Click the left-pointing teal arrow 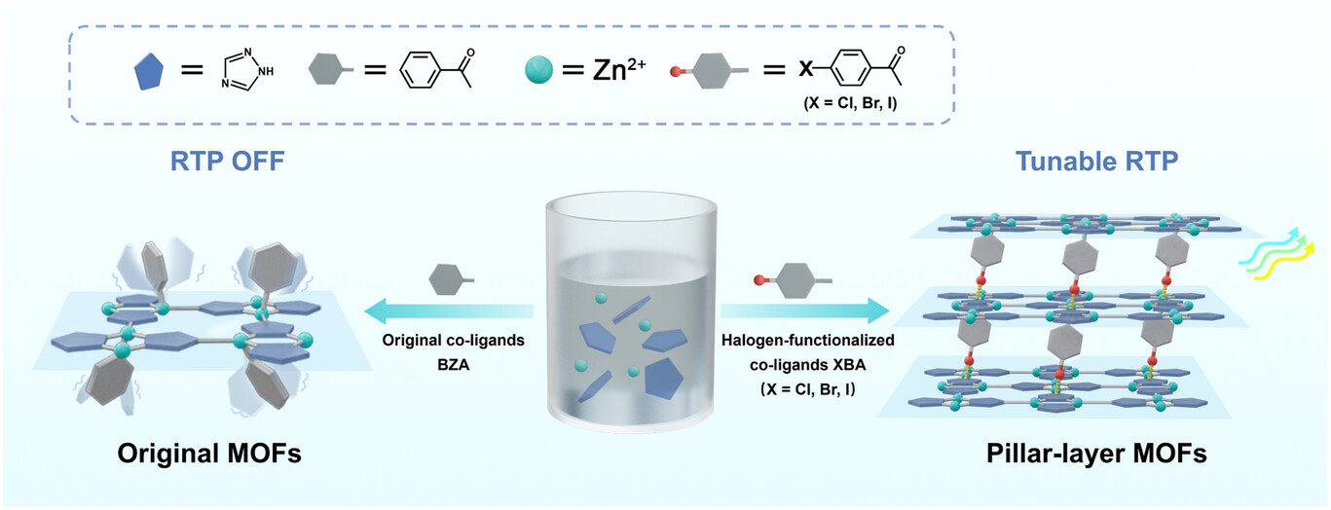[448, 310]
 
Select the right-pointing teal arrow [804, 310]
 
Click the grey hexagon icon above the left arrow [450, 279]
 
